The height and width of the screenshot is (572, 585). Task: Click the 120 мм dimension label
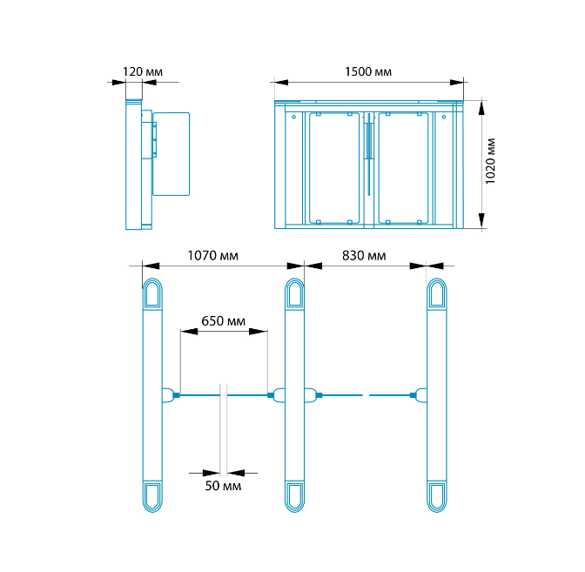[x=143, y=71]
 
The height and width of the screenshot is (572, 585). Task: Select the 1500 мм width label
[x=368, y=71]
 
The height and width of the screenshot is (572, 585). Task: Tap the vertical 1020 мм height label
[x=490, y=161]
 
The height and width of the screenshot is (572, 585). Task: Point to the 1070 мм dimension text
[x=212, y=256]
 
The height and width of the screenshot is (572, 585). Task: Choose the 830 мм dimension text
[x=364, y=256]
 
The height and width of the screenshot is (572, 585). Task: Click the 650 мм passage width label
[x=223, y=321]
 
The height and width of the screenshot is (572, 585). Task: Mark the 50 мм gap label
[x=223, y=486]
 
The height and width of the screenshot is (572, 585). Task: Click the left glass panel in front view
[x=334, y=168]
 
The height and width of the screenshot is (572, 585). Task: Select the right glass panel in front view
[x=403, y=168]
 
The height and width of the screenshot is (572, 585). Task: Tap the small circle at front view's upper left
[x=294, y=118]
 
